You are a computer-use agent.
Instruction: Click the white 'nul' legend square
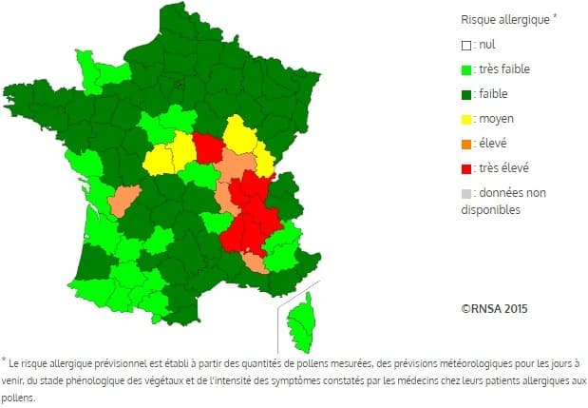point(465,44)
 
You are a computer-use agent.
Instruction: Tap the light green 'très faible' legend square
point(465,68)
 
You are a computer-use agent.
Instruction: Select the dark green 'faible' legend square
point(465,93)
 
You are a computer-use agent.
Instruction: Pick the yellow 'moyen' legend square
point(465,118)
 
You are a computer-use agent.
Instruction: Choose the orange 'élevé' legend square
point(465,143)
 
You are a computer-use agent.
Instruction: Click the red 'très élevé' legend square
point(465,167)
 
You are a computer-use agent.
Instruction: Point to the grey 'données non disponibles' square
point(465,192)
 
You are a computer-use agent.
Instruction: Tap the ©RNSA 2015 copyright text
point(494,308)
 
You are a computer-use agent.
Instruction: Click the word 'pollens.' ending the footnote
point(18,398)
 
